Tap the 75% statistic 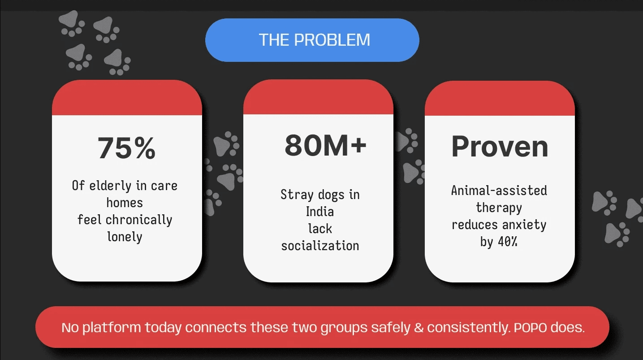[127, 148]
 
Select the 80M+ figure [325, 145]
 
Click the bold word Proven [500, 147]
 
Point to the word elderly [110, 186]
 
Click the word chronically [139, 220]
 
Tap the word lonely [125, 237]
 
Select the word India [320, 212]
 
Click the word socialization [320, 246]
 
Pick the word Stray [297, 195]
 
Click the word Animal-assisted [499, 191]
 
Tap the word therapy [499, 208]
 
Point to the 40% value [508, 242]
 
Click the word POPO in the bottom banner [530, 328]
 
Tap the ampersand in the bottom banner [419, 328]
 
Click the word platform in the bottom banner [112, 328]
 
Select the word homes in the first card [125, 203]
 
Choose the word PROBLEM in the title [332, 40]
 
